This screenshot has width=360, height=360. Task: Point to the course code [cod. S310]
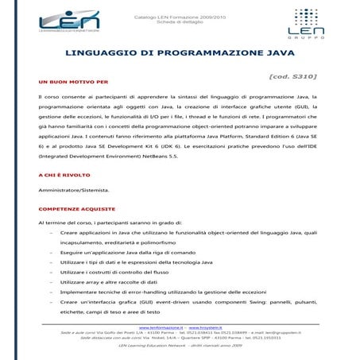293,76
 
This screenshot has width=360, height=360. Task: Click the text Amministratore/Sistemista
76,190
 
